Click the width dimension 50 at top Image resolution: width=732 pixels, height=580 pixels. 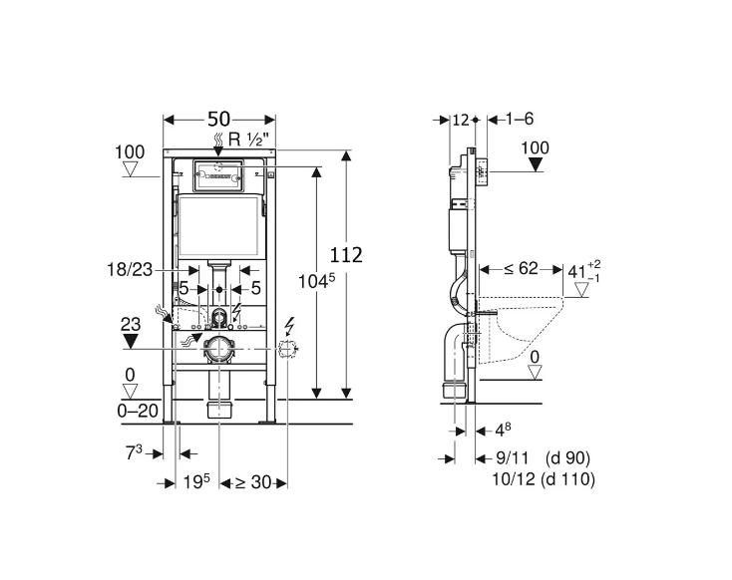point(218,120)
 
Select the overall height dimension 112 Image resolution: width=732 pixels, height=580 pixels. point(346,255)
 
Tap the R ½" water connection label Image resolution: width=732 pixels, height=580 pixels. point(249,139)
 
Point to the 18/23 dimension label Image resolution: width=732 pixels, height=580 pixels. point(130,270)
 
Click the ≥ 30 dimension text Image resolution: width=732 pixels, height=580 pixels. point(252,482)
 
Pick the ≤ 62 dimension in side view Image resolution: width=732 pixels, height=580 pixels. point(521,269)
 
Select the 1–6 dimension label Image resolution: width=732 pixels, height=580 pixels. point(520,119)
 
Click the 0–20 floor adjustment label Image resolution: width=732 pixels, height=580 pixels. point(138,412)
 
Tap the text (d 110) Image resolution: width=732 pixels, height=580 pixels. point(567,479)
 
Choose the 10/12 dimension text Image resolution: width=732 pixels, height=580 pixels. point(514,479)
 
